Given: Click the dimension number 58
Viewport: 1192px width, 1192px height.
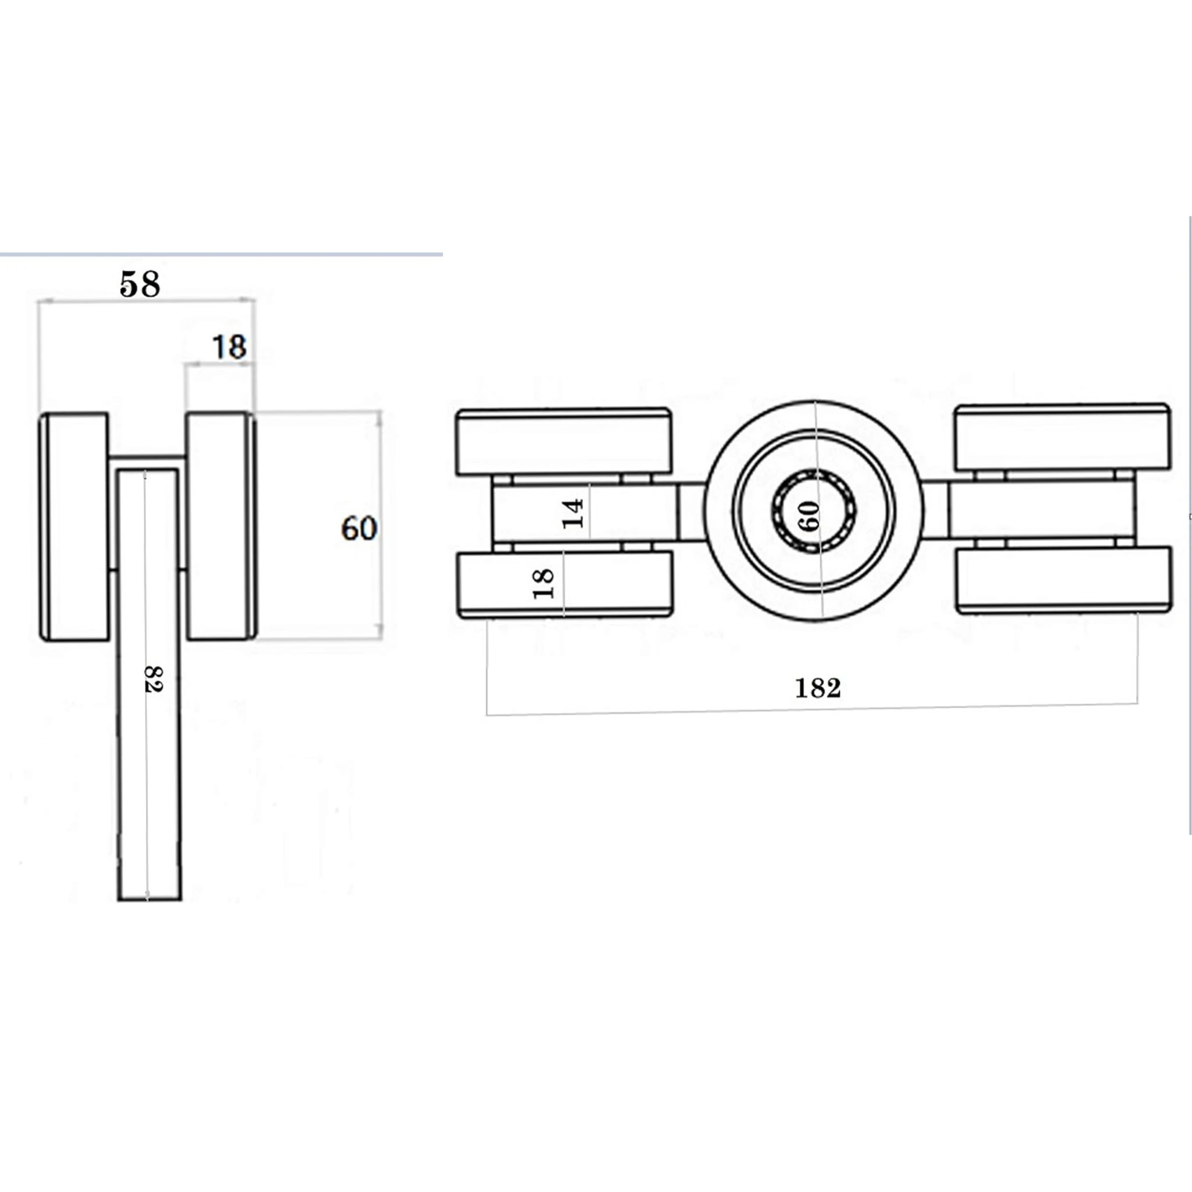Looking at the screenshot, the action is [140, 285].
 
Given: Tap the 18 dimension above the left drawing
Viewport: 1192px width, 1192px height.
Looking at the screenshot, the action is [229, 347].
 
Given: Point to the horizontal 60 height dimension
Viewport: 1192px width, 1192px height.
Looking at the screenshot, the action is [359, 528].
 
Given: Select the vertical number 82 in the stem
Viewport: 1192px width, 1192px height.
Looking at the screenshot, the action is [152, 679].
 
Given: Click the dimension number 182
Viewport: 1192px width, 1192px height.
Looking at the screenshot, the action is [818, 688].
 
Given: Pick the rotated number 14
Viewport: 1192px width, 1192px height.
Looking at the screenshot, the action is [573, 513].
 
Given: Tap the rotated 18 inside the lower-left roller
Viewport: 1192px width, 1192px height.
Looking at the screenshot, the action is [544, 584].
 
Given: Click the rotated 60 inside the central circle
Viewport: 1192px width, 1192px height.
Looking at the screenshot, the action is [811, 516].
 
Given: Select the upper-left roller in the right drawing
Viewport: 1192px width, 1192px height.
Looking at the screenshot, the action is [563, 441].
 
